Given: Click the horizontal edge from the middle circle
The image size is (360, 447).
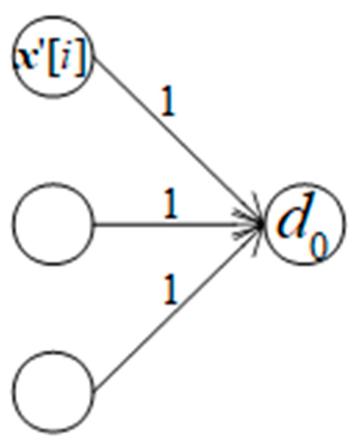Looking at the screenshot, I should (177, 223).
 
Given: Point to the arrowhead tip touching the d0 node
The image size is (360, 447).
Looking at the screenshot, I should (263, 224).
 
